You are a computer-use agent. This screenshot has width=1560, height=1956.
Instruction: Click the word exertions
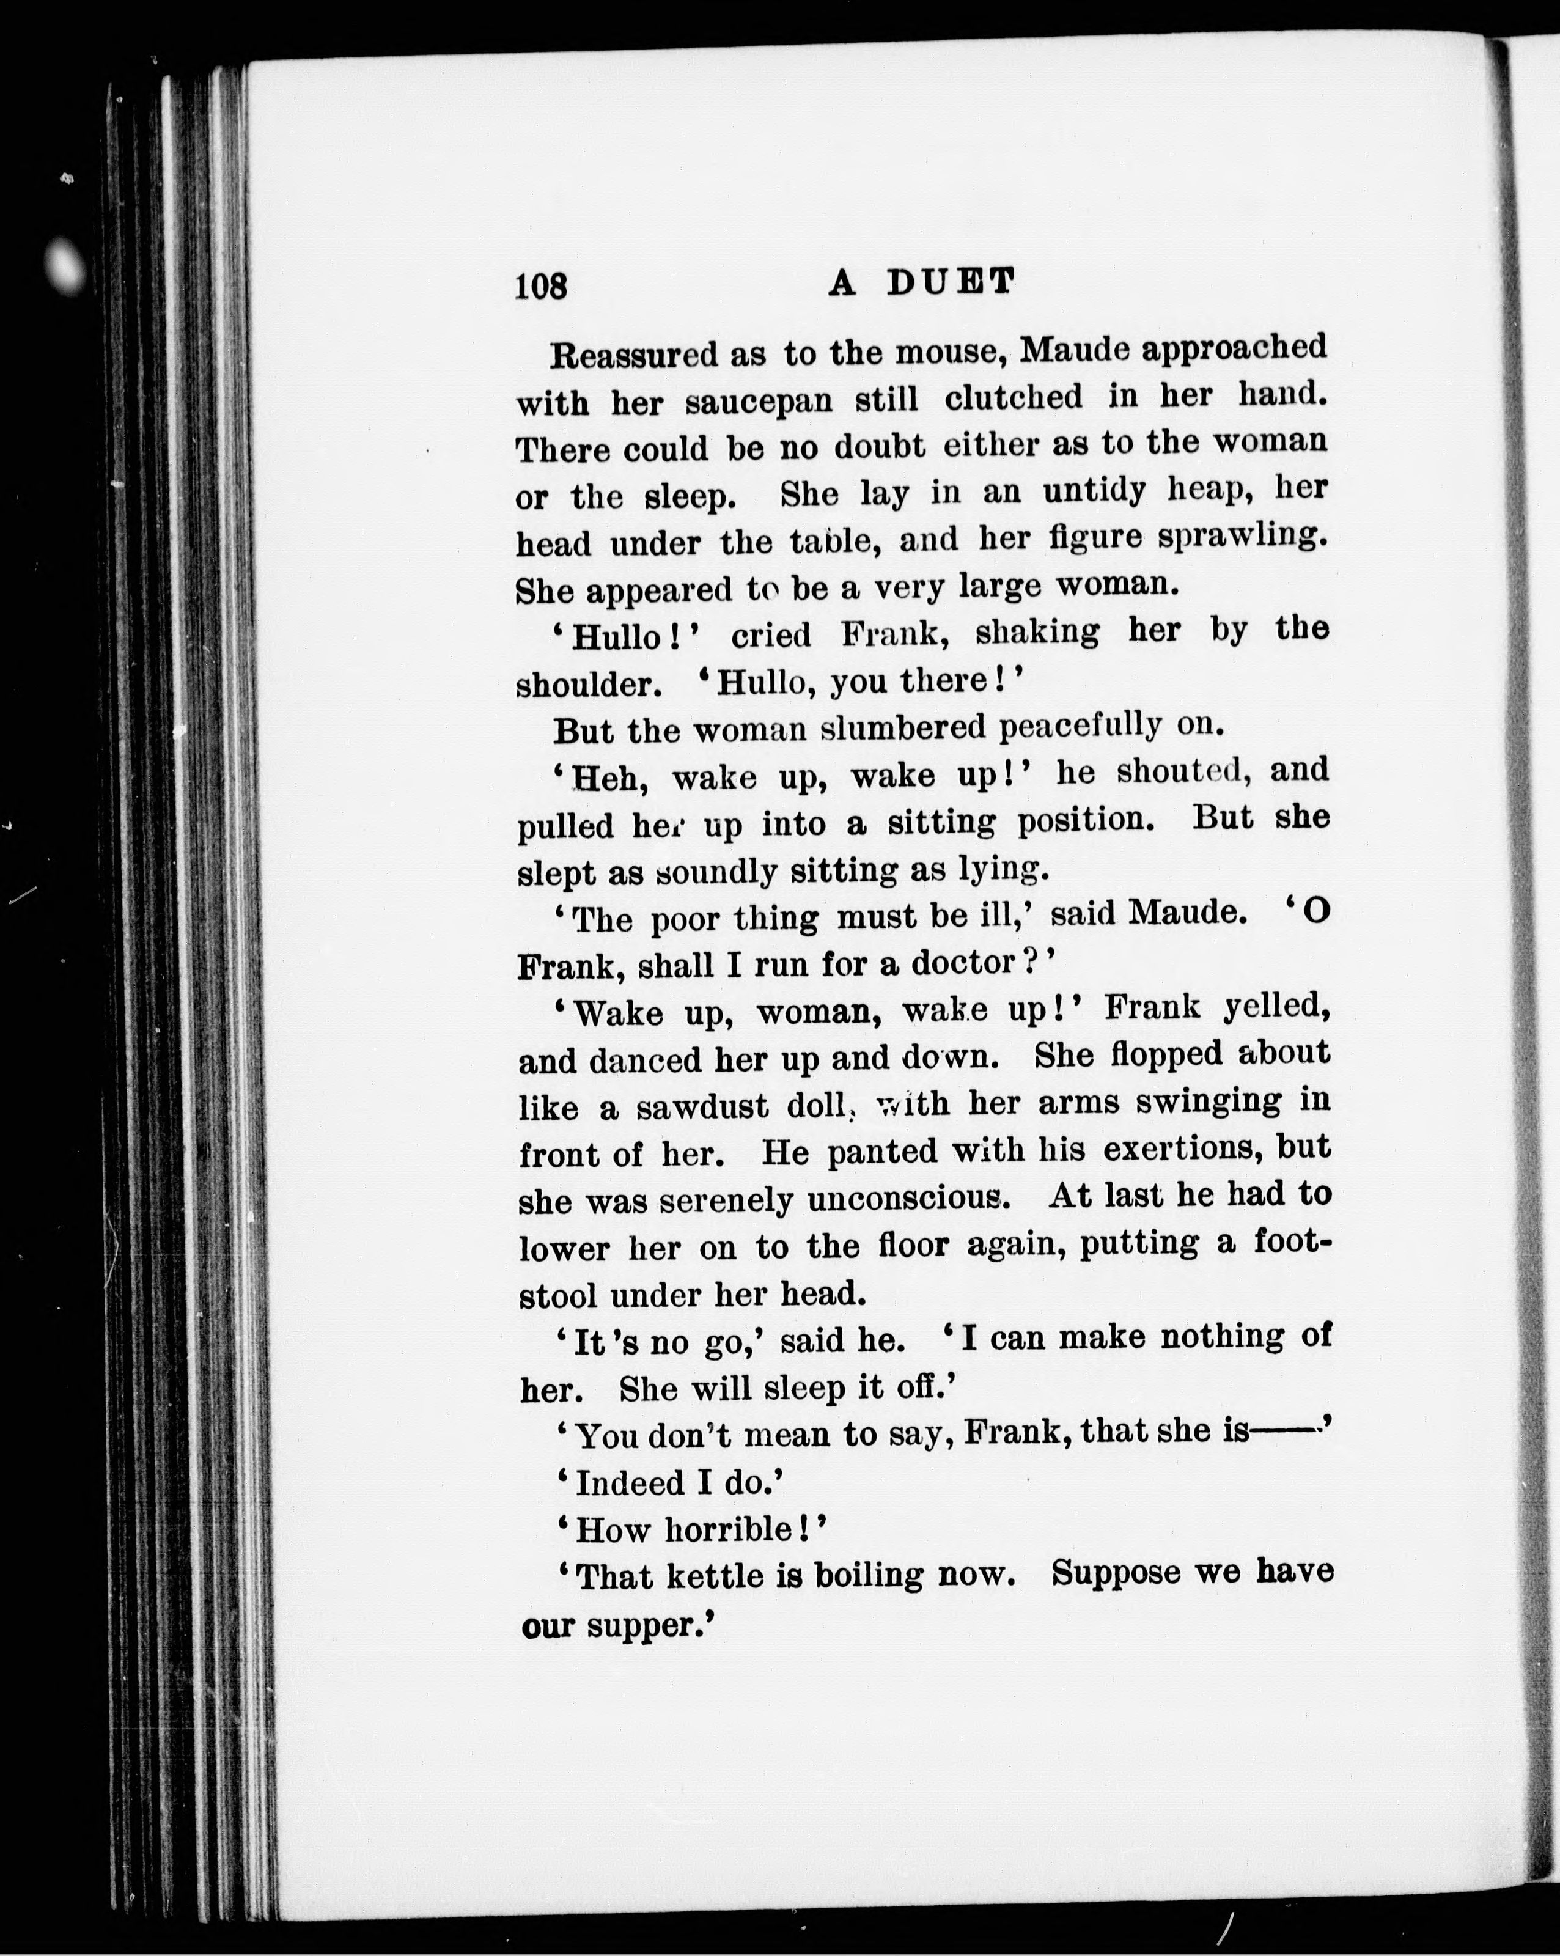click(x=1180, y=1150)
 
